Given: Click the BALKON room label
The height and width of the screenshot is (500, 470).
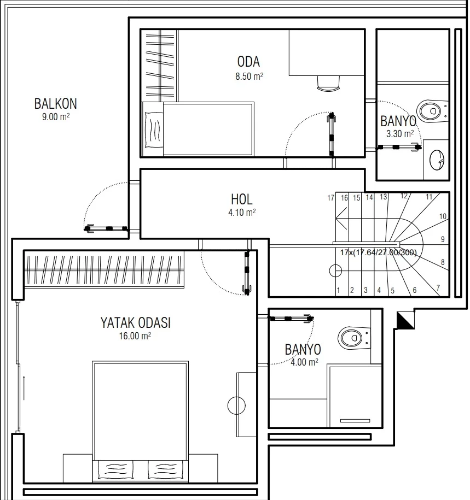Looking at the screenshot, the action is [56, 104].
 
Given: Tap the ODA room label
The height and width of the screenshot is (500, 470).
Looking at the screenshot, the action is [248, 62].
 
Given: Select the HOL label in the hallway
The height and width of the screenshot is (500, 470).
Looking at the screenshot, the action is [242, 199].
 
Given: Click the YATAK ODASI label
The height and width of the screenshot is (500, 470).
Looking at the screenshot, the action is [136, 323].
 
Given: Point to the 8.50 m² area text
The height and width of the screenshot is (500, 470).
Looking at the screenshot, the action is [249, 77].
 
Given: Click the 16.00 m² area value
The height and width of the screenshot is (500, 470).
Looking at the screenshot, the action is [135, 336].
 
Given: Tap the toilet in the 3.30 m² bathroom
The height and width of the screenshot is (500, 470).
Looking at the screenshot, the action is [432, 110].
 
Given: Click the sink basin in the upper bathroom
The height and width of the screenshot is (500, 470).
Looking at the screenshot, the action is [437, 160].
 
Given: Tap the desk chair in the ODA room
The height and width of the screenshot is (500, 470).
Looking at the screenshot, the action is [328, 84].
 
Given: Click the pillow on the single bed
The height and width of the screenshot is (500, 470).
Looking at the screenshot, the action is [153, 130].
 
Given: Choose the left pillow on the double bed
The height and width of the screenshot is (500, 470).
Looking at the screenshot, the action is [115, 469].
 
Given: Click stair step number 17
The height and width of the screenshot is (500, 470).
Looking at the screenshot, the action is [331, 198].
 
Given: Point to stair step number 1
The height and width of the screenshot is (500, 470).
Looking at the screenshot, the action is [339, 290].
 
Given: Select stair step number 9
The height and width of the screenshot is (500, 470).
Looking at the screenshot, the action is [443, 239].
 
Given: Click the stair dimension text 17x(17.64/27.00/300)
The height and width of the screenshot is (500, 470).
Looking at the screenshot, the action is [379, 252].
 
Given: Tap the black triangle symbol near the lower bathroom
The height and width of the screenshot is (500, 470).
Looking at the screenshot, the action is [405, 320].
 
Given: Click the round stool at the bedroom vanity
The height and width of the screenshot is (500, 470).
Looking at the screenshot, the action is [236, 405].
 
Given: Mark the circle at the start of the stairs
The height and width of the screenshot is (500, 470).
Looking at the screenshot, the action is [335, 271].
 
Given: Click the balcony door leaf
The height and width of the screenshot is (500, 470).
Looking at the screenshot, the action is [107, 228].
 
